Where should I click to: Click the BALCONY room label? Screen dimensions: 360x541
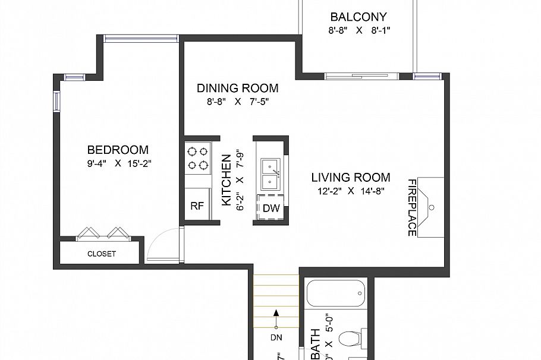[358, 17]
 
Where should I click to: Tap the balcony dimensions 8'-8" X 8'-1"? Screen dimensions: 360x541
[358, 30]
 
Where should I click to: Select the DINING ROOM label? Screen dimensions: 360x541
[237, 89]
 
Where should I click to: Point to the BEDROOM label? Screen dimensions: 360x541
[118, 150]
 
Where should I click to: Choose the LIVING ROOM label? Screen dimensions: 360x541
[351, 177]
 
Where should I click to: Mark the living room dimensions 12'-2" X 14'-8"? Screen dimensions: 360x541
[351, 191]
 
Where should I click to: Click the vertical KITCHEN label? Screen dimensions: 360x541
[227, 180]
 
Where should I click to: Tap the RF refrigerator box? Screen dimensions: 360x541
[197, 206]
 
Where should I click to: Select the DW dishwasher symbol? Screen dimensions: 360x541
[271, 207]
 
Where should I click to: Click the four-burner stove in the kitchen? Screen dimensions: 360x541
[198, 157]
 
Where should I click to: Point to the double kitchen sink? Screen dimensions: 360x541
[271, 171]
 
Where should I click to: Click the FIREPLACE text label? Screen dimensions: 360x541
[411, 207]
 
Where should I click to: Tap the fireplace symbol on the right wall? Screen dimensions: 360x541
[430, 207]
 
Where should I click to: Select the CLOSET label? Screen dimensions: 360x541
[102, 254]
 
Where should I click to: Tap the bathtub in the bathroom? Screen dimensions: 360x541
[336, 293]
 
